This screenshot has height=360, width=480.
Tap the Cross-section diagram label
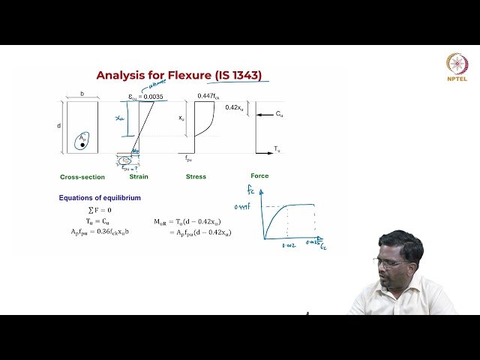(x=82, y=177)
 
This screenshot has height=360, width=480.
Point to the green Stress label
(x=196, y=177)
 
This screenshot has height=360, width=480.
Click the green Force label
(x=259, y=176)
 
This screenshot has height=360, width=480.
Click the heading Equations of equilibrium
(x=100, y=198)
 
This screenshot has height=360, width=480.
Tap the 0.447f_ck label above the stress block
(x=208, y=96)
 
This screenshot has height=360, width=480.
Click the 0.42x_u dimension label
(x=234, y=107)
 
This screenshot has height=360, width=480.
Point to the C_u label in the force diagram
(x=279, y=114)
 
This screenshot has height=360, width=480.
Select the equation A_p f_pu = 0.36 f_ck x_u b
(x=103, y=232)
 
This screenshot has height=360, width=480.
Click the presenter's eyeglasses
(x=393, y=262)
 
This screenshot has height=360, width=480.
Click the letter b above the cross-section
(x=82, y=95)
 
